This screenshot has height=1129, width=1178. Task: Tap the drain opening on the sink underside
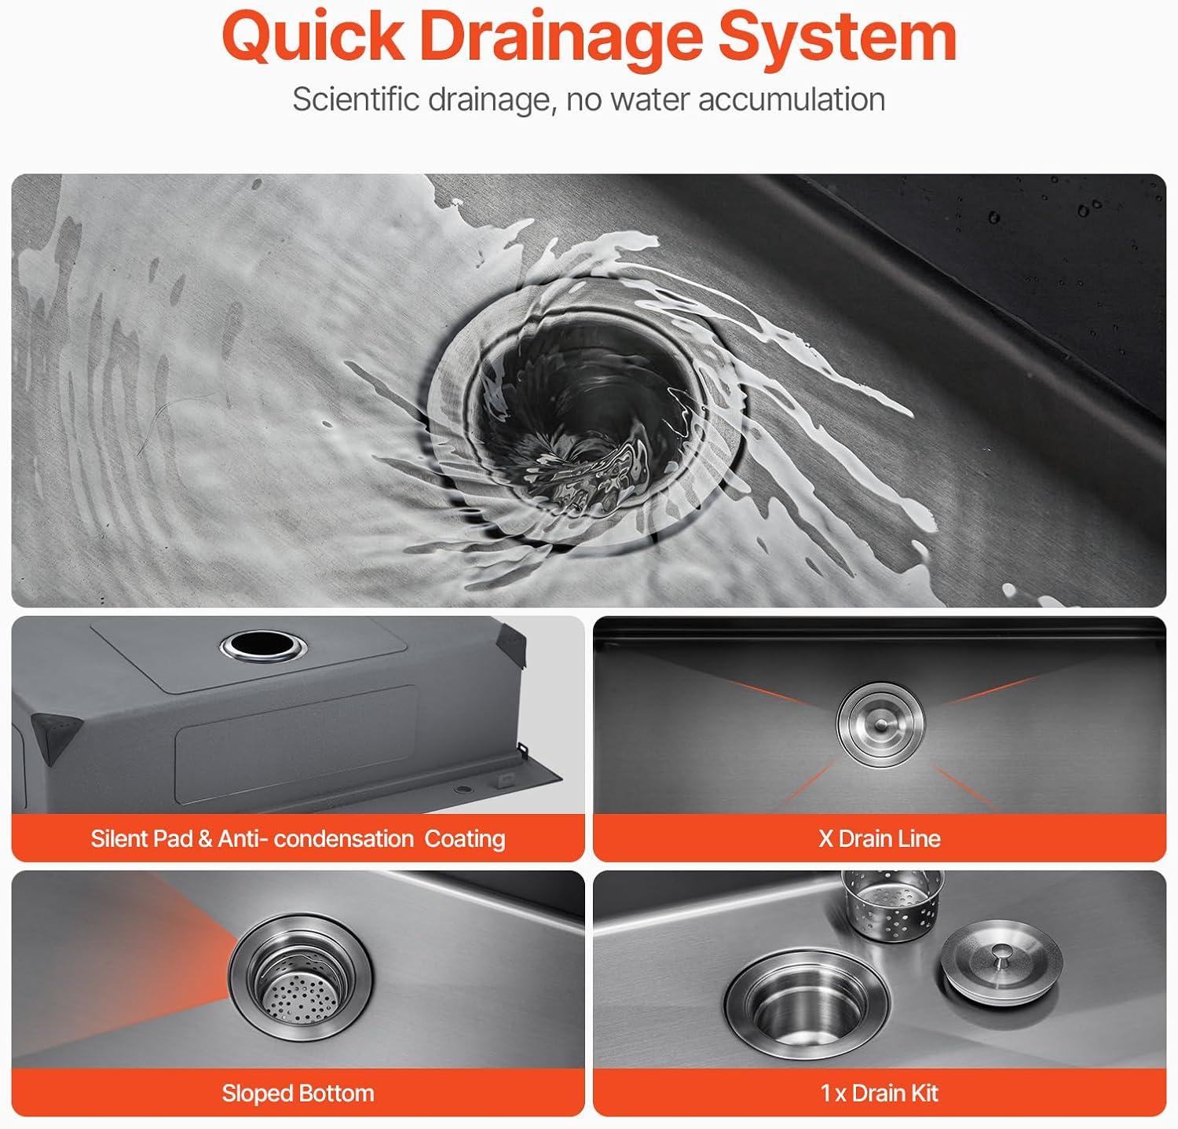pyautogui.click(x=263, y=646)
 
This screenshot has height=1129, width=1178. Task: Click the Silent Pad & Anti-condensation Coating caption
pyautogui.click(x=298, y=838)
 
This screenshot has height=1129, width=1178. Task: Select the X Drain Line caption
pyautogui.click(x=880, y=838)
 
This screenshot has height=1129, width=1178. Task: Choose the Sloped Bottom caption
pyautogui.click(x=298, y=1093)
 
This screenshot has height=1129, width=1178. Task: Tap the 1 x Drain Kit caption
pyautogui.click(x=880, y=1093)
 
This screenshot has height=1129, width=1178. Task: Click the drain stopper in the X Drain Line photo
pyautogui.click(x=881, y=720)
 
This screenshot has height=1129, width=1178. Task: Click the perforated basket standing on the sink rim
pyautogui.click(x=891, y=905)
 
